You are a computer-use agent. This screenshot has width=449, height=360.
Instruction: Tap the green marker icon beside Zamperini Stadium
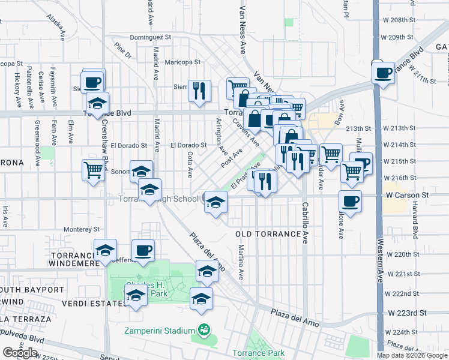(204, 329)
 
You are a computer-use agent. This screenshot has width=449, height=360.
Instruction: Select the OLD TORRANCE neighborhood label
(268, 234)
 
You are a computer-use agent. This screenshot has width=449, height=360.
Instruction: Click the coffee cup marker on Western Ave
(383, 73)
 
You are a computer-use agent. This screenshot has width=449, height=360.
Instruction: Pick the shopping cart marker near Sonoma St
(93, 170)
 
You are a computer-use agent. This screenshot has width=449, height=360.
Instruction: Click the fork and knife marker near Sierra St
(199, 91)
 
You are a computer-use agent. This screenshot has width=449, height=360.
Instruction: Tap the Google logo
(20, 353)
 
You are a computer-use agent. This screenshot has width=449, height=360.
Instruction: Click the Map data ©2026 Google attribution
(411, 355)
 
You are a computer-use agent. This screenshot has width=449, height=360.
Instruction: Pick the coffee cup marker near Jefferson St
(143, 251)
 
